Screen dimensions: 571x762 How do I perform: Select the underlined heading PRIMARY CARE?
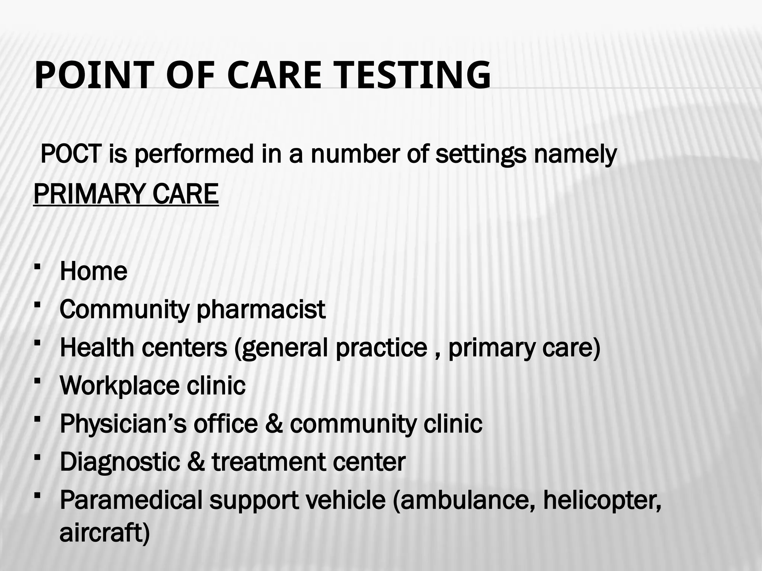tap(126, 194)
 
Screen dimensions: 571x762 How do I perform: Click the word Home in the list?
tap(93, 271)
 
